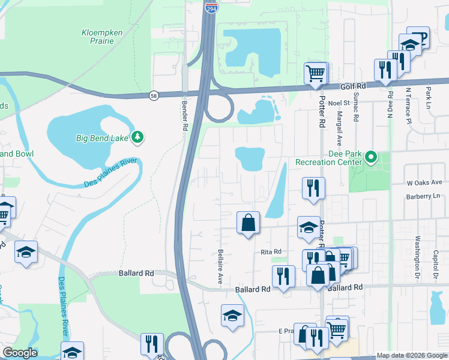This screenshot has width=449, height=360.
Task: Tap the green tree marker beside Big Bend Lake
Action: point(138,138)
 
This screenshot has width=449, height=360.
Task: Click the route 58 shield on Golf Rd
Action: point(154,95)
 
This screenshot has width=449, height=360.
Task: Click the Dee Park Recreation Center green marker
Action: point(371,158)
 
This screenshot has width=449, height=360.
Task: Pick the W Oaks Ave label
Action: point(424,182)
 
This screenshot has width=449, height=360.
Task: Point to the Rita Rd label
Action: point(271,252)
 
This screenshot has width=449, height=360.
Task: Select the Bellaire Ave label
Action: point(220,268)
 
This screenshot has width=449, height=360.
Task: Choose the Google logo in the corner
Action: point(20,353)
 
